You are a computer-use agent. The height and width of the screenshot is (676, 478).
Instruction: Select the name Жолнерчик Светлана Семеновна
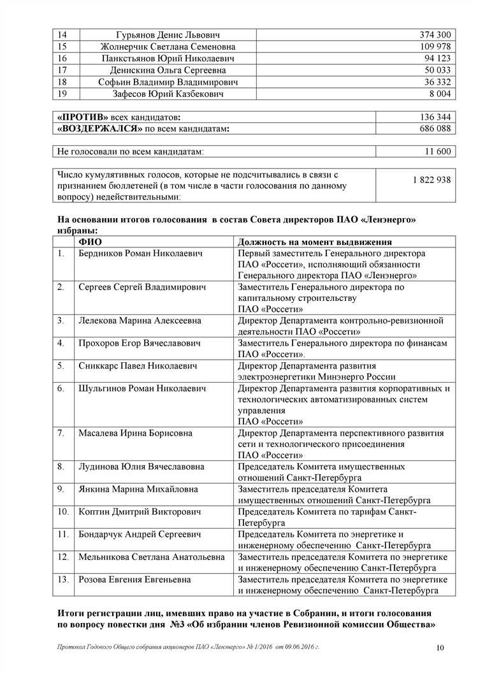click(168, 47)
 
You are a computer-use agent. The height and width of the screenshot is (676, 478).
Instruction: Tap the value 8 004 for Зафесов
click(438, 94)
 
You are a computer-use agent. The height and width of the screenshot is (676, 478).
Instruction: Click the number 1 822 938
click(431, 180)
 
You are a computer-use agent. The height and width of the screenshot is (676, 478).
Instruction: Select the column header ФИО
click(90, 242)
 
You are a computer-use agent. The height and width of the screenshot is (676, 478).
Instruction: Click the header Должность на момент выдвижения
click(314, 242)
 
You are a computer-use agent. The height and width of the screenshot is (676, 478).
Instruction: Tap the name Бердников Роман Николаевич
click(140, 253)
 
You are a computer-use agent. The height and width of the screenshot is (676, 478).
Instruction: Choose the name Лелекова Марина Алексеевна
click(140, 321)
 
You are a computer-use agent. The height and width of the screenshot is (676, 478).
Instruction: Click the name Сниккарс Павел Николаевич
click(138, 366)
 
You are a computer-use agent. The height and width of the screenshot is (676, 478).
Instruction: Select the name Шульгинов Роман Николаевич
click(142, 388)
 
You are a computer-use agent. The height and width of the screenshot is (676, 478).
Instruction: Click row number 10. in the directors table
click(63, 511)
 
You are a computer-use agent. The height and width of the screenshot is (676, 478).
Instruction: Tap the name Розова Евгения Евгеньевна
click(134, 580)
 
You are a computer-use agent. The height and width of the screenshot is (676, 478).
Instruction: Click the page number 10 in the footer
click(440, 649)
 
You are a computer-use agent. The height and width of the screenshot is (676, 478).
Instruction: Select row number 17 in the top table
click(62, 70)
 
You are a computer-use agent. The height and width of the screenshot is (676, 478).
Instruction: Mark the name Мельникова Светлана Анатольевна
click(152, 557)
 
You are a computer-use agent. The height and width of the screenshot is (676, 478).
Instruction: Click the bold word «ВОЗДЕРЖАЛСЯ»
click(99, 129)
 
